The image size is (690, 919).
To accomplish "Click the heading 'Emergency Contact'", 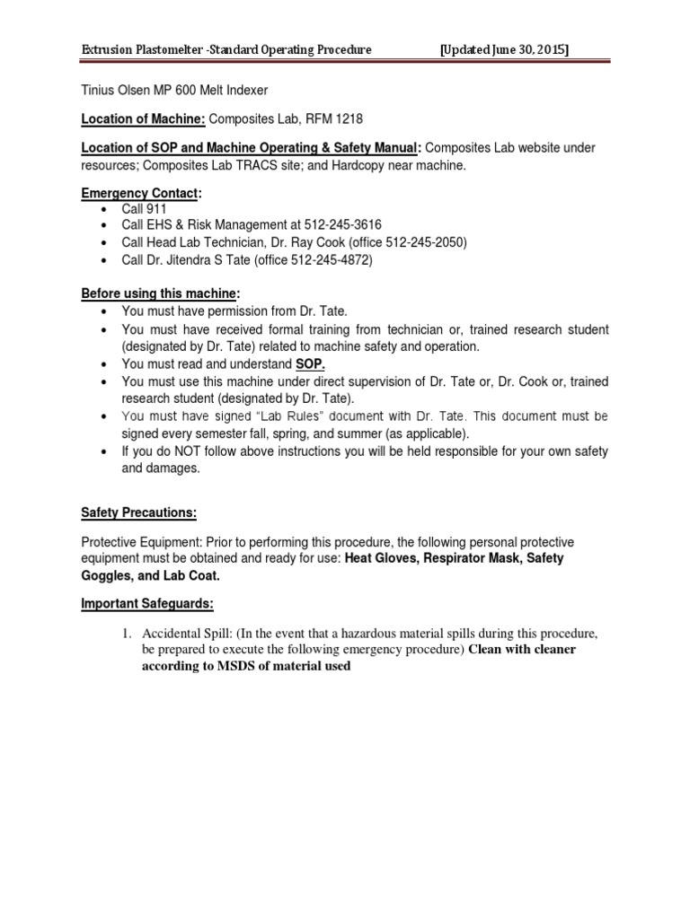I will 140,192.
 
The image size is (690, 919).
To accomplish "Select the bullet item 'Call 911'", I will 145,209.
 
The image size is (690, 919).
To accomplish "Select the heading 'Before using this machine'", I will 160,293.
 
